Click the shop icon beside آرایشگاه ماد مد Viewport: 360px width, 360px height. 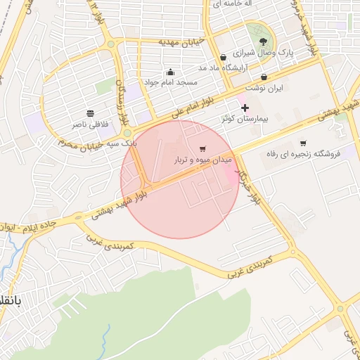coord(223,57)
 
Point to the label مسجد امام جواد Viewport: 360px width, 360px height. coord(170,82)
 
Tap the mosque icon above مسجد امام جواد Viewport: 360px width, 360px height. coord(170,72)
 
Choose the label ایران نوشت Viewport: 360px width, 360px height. coord(266,88)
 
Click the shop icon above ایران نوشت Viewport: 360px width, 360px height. coord(264,77)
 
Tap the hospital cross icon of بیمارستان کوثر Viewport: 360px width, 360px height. coord(245,108)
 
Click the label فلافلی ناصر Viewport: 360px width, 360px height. coord(89,124)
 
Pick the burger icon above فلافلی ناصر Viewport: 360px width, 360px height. coord(90,113)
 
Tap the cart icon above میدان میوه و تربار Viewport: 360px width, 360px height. coord(203,149)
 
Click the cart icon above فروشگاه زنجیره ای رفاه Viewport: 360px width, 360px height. coord(303,143)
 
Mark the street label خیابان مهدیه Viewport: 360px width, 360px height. coord(181,42)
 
